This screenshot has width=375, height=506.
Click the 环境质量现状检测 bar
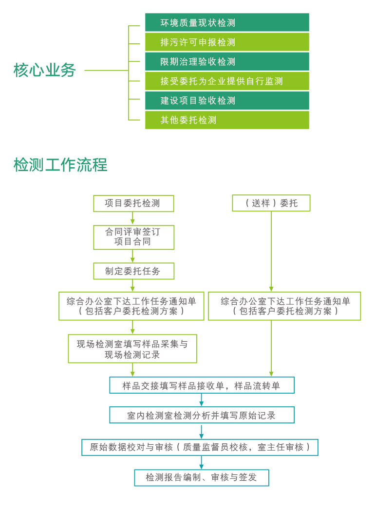click(227, 22)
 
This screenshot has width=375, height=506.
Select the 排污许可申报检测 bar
click(227, 42)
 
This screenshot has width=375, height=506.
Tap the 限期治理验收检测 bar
click(227, 61)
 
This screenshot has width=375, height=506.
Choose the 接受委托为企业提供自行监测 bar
click(227, 81)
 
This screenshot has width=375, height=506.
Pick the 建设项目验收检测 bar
click(227, 100)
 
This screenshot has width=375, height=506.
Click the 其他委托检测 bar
click(227, 120)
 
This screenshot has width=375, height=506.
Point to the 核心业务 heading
click(45, 70)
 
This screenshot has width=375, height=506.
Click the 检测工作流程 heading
click(60, 165)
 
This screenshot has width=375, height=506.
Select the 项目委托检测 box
click(133, 203)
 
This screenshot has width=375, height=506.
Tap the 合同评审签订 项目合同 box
click(133, 237)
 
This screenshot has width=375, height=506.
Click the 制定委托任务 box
click(133, 271)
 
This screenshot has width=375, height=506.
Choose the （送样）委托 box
click(271, 203)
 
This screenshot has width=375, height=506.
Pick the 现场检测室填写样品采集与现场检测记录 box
click(132, 349)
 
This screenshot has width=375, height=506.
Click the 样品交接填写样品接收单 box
click(202, 385)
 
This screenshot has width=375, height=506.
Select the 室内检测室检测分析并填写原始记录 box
click(202, 415)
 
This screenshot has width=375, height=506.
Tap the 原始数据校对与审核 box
click(200, 447)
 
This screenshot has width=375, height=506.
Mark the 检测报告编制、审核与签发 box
click(202, 478)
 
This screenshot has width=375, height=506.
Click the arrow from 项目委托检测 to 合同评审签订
click(132, 218)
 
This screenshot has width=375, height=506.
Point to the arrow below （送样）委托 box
click(271, 251)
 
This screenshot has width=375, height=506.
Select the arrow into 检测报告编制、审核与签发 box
click(202, 462)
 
